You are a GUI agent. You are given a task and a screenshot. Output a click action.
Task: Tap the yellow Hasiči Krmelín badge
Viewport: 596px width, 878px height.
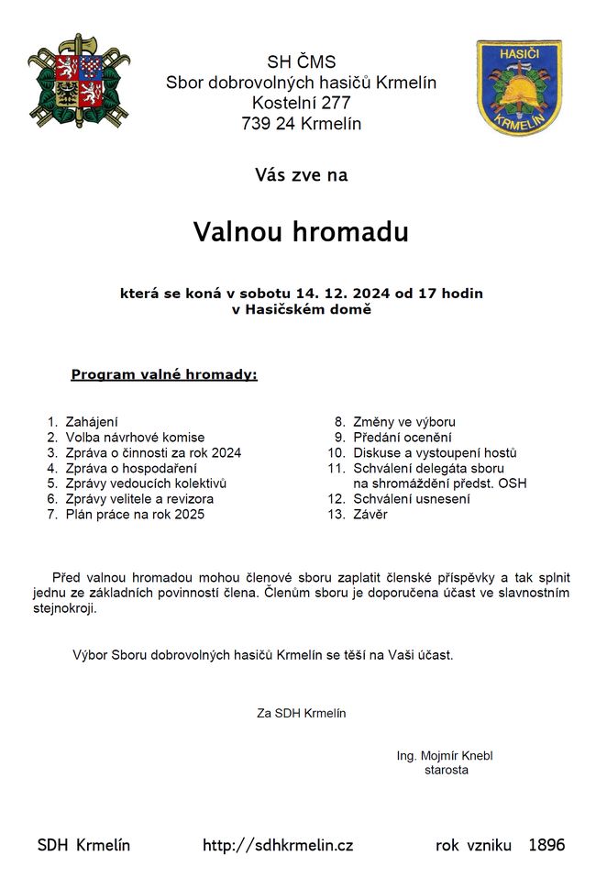(518, 88)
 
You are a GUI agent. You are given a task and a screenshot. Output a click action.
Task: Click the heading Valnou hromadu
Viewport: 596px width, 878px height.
(301, 232)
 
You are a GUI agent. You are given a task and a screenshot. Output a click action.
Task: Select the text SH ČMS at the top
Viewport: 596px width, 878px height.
(301, 63)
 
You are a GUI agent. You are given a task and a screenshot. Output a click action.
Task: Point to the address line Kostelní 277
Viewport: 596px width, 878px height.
(301, 103)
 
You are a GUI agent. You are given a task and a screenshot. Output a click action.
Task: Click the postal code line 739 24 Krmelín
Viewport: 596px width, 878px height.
(301, 123)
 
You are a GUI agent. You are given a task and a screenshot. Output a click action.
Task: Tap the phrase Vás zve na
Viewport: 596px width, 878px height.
(301, 174)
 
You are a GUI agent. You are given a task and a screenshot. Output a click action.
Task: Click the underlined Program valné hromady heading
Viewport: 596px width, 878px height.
(164, 375)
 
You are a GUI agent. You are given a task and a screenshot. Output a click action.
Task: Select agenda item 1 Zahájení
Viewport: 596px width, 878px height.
(91, 422)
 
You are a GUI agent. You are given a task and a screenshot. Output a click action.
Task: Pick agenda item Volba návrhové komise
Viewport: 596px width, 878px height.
(135, 438)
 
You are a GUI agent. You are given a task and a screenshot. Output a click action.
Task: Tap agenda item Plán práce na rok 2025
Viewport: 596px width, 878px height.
(135, 515)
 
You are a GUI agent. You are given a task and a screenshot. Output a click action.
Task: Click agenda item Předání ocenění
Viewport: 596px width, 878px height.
(402, 438)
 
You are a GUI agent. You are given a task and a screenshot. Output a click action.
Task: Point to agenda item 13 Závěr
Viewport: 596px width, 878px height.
(370, 515)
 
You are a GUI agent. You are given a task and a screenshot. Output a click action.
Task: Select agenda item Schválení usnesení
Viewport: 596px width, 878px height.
(411, 499)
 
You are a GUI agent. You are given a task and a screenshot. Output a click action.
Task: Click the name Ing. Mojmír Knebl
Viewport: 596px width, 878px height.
(445, 756)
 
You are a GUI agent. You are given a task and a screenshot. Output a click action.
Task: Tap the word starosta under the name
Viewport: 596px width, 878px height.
(447, 771)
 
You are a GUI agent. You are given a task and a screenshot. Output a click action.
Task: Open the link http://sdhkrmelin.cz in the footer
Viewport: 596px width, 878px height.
(278, 846)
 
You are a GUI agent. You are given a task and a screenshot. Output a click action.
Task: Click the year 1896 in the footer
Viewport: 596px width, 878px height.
(546, 845)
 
